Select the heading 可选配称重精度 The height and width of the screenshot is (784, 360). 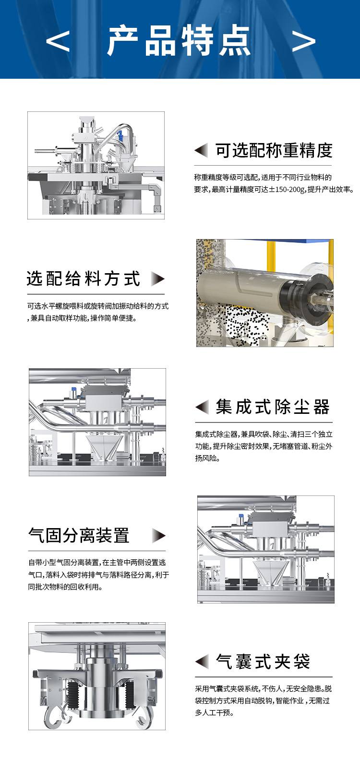[x=274, y=150]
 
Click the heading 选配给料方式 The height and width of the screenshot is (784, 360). [x=83, y=279]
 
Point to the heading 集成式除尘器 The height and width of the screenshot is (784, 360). [x=273, y=407]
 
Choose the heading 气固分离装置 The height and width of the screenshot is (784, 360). [x=79, y=535]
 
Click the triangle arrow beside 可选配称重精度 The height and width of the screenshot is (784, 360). [x=201, y=150]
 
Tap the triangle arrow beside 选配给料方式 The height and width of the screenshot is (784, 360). [x=158, y=279]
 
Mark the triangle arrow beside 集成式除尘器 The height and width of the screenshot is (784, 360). [x=202, y=407]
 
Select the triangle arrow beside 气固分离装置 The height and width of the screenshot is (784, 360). [x=159, y=535]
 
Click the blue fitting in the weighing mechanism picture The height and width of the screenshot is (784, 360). [x=120, y=135]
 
